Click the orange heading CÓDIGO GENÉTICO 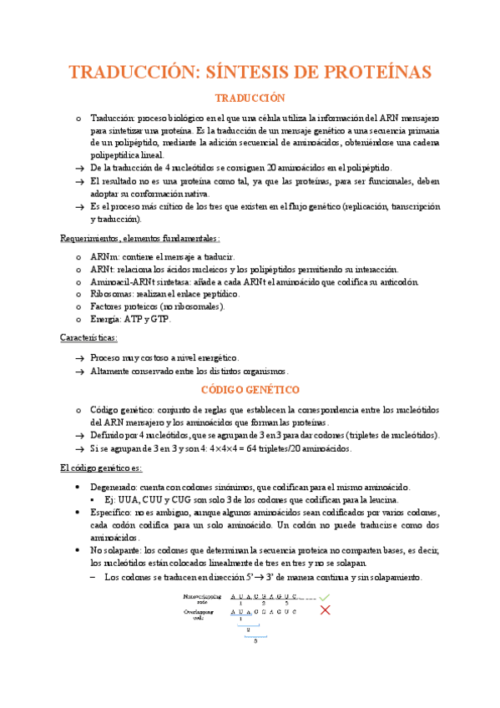pos(250,390)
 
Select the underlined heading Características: pos(89,338)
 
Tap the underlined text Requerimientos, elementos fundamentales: pos(140,237)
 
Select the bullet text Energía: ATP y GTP pos(130,319)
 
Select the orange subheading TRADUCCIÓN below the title pos(250,99)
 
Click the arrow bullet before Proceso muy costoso pos(78,357)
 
